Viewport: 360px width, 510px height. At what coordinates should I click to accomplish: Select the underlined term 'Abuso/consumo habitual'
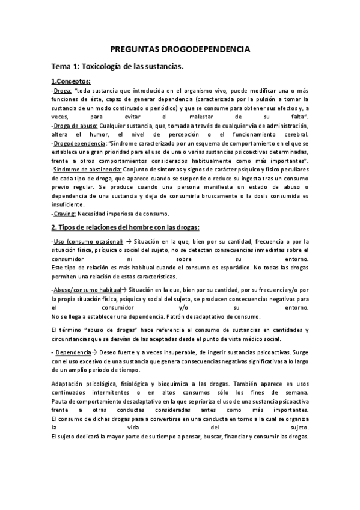pyautogui.click(x=87, y=289)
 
